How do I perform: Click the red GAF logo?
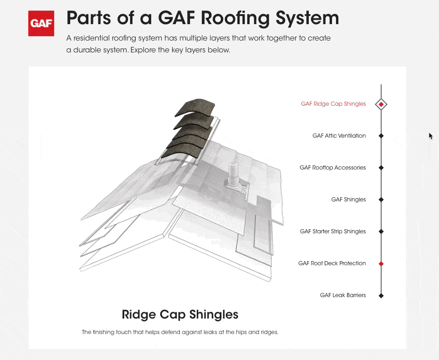41,23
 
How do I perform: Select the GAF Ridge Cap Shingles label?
333,104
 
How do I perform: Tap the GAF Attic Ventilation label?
339,136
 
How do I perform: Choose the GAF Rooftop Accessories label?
332,168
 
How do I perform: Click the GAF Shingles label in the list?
348,200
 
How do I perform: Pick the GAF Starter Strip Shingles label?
332,231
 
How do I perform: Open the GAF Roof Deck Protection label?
332,263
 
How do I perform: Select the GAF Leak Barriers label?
342,295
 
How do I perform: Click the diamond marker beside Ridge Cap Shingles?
381,104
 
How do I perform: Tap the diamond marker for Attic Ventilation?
381,136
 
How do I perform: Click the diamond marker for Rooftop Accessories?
381,168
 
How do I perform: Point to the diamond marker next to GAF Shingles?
381,200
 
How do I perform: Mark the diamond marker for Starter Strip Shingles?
381,231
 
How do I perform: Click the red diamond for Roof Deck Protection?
381,264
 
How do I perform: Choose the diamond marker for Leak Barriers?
381,296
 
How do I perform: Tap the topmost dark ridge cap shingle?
191,107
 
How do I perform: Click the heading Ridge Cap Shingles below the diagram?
180,314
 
